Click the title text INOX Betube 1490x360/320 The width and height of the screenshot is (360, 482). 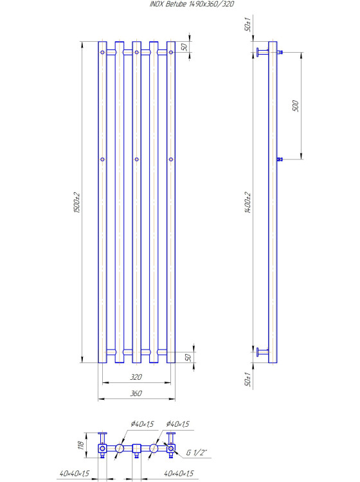191,4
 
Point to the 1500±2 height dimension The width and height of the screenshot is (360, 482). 76,203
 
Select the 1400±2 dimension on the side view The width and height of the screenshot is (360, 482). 248,202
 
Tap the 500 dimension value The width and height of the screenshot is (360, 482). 296,106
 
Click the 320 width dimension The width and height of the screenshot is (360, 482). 136,377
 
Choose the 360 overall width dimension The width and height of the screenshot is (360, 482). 136,393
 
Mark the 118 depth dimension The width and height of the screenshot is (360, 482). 80,445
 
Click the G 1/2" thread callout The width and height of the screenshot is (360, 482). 197,452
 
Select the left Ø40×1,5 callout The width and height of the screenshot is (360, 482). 142,424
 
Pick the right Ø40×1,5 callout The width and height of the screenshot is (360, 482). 177,424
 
